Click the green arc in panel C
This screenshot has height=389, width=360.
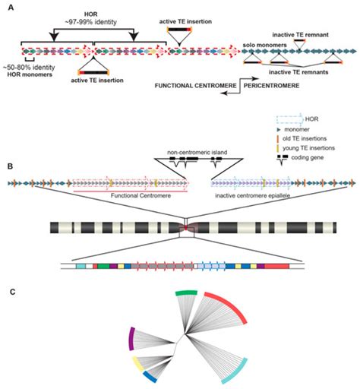186,293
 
